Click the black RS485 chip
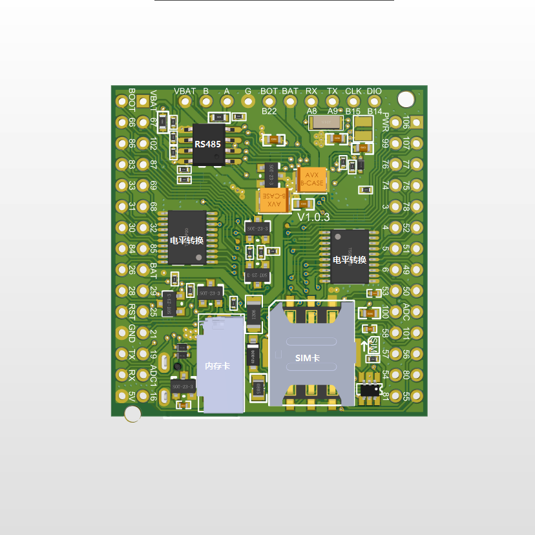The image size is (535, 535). click(209, 144)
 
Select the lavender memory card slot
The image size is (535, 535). click(221, 364)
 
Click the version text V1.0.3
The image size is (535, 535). click(313, 217)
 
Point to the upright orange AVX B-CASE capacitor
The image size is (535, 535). click(313, 179)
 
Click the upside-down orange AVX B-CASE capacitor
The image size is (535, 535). click(274, 199)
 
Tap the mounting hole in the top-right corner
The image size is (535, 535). click(405, 99)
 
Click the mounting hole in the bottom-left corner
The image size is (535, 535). click(133, 414)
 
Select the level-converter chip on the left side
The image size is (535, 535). click(187, 237)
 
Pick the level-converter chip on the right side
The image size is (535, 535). click(350, 257)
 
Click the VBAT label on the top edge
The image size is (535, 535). click(185, 91)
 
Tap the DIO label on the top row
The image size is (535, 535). click(374, 91)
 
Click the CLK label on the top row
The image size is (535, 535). click(353, 91)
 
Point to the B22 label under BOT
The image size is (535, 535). click(269, 111)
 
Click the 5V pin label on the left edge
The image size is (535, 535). click(132, 395)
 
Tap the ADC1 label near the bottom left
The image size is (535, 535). click(153, 375)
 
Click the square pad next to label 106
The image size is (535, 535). click(417, 122)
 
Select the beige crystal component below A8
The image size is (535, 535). click(321, 123)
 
